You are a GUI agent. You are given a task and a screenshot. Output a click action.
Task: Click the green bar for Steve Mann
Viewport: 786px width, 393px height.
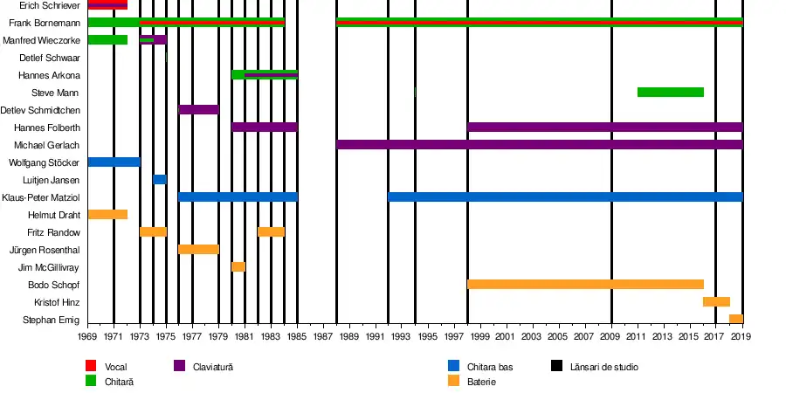coord(670,92)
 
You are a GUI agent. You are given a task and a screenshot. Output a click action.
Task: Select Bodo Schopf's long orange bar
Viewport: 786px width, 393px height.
coord(585,284)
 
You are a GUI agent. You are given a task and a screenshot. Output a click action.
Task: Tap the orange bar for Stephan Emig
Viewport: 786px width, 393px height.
coord(735,319)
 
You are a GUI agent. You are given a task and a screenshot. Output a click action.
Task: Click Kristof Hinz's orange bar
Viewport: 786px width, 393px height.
coord(716,301)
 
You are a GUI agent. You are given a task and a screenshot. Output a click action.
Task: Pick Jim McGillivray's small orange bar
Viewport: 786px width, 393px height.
coord(238,266)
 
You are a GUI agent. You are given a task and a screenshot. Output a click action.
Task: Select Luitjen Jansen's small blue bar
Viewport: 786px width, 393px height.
coord(159,179)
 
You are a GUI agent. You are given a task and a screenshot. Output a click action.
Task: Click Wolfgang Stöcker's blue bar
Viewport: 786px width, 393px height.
coord(114,162)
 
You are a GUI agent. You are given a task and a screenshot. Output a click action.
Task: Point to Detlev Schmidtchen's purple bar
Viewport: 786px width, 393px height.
coord(198,109)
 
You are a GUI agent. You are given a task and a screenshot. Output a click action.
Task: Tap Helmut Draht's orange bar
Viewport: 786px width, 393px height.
coord(107,214)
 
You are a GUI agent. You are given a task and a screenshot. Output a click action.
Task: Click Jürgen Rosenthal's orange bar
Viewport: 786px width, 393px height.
coord(198,249)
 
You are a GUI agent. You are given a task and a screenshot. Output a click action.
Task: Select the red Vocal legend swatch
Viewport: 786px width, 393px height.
coord(91,367)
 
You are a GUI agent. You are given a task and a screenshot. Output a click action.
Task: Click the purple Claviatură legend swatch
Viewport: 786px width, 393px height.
coord(180,367)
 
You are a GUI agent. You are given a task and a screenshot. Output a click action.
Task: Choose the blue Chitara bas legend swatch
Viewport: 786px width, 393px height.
coord(453,367)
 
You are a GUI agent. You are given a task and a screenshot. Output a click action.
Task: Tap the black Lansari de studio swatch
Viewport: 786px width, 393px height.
coord(557,367)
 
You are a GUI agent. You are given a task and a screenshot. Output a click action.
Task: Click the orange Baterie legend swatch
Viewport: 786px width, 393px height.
coord(453,381)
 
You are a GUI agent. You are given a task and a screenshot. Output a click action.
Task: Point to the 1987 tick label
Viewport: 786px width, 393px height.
coord(323,336)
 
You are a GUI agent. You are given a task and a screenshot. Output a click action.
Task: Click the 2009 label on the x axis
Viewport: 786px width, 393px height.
coord(611,336)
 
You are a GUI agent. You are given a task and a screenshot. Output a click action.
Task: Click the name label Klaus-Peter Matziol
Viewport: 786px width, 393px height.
coord(41,197)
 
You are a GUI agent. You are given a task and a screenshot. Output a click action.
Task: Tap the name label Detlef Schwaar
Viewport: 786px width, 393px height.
coord(50,58)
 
